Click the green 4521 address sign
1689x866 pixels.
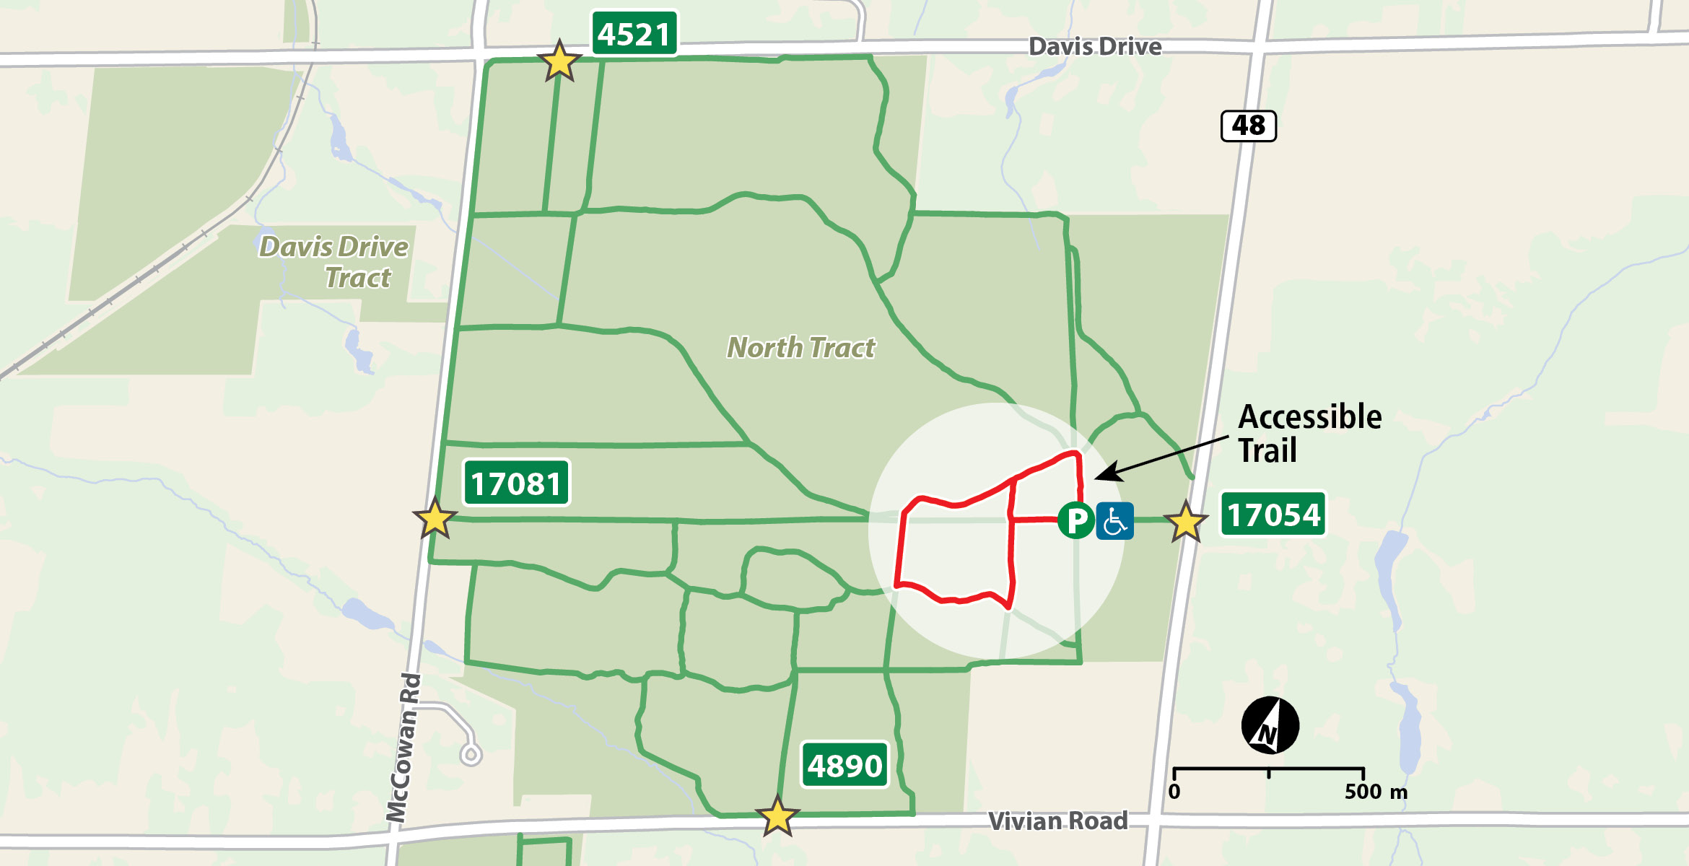(634, 34)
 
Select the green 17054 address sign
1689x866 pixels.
(1273, 515)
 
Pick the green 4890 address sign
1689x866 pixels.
(844, 766)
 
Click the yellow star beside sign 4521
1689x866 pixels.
(559, 62)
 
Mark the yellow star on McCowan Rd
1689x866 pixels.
(435, 518)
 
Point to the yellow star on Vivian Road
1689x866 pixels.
(777, 817)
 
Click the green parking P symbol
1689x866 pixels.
(1075, 520)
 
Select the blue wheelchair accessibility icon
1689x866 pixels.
(1115, 521)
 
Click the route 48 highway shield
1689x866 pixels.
(1248, 126)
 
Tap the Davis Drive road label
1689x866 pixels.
(1094, 47)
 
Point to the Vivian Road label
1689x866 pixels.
(1057, 821)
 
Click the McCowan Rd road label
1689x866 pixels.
(403, 747)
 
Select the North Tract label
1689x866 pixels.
(800, 348)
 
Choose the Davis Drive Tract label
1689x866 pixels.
(334, 262)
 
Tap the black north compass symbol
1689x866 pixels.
(1270, 725)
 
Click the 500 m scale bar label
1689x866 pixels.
(1375, 792)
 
